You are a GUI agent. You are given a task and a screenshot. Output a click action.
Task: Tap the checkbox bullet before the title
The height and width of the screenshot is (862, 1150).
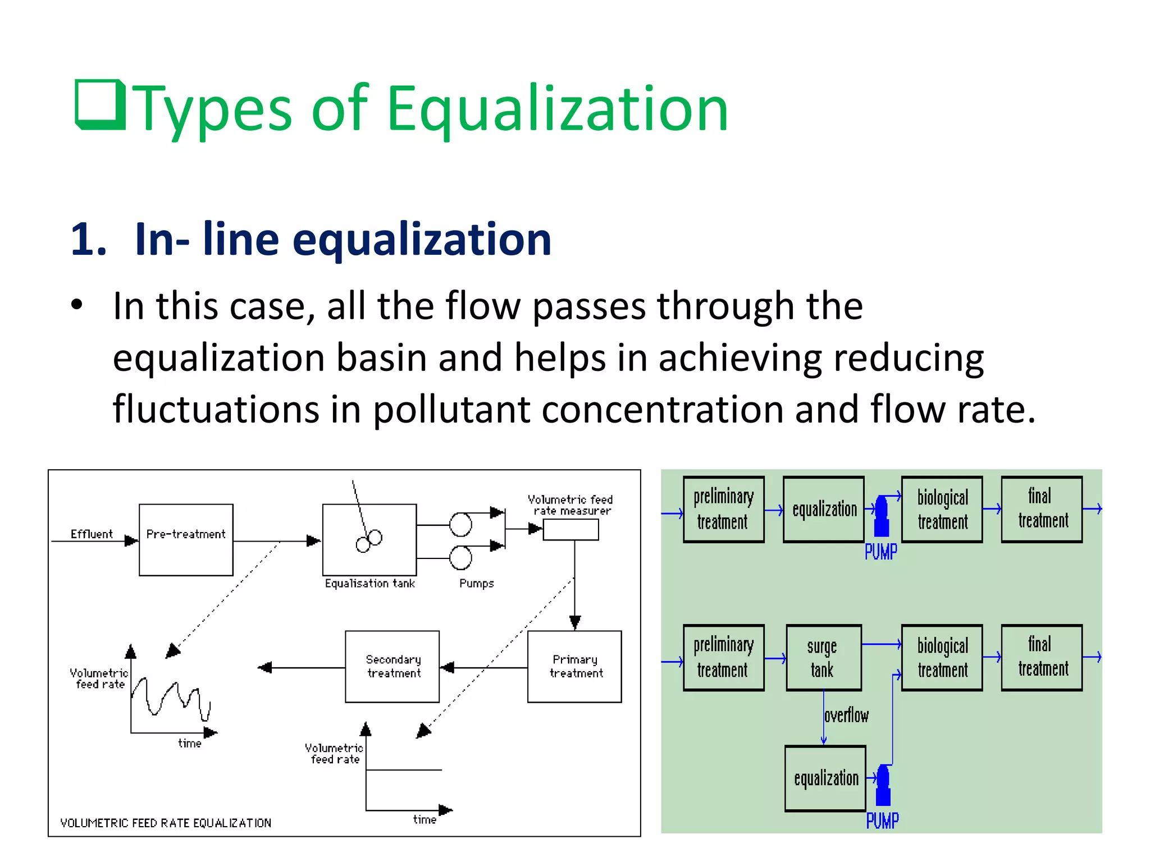pos(100,104)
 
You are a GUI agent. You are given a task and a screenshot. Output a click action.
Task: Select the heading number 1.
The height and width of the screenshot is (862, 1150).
pos(88,240)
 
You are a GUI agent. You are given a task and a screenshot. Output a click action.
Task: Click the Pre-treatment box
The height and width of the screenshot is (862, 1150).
pos(186,539)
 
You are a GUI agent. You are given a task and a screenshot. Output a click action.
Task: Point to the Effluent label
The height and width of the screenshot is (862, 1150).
pos(91,534)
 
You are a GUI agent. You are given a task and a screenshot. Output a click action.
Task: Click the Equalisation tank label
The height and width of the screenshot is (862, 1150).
pos(369,584)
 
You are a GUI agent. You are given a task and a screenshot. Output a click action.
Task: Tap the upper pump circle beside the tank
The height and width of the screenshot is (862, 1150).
pos(460,525)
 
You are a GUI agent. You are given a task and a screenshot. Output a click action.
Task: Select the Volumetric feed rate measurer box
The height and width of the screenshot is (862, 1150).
pos(571,529)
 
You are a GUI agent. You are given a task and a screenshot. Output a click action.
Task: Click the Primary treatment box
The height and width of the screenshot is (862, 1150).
pos(574,666)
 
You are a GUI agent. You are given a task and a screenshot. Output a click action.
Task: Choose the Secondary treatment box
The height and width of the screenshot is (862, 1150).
pos(392,666)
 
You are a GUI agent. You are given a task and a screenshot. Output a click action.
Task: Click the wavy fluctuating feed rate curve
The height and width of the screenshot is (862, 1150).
pos(171,699)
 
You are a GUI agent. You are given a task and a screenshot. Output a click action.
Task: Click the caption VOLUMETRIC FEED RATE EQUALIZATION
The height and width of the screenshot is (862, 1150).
pos(166,823)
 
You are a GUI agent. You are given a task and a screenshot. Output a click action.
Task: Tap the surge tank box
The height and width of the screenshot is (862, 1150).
pos(823,658)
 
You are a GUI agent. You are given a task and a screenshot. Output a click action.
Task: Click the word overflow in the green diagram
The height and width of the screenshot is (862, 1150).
pos(846,716)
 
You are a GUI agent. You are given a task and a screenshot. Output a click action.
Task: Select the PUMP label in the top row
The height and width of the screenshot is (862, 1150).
pos(880,552)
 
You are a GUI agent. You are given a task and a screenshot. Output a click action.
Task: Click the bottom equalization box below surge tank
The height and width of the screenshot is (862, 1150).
pos(825,778)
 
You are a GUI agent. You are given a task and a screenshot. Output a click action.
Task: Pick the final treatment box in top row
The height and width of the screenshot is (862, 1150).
pos(1042,509)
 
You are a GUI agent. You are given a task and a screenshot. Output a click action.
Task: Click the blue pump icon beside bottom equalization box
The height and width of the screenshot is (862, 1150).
pos(883,785)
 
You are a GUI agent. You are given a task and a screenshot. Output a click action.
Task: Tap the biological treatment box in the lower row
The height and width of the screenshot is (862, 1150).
pos(942,658)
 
